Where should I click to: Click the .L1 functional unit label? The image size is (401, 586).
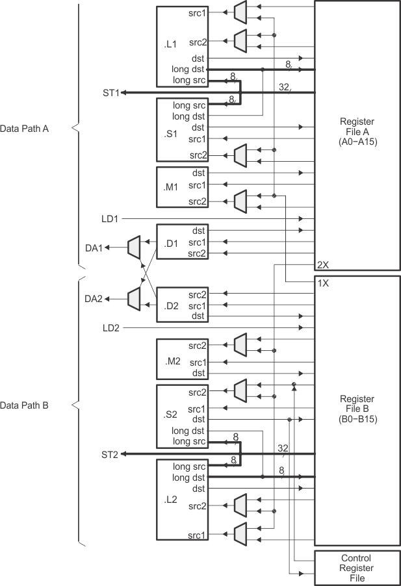(172, 45)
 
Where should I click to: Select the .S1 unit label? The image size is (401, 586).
(172, 134)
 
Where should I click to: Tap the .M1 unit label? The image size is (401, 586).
(172, 187)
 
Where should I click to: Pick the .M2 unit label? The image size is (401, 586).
(172, 360)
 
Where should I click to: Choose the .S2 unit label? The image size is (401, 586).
(172, 414)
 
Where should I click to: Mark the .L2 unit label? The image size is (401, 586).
(172, 501)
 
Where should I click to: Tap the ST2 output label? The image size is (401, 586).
(109, 453)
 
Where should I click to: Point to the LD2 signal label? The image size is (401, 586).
(110, 328)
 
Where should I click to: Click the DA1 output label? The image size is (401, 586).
(94, 247)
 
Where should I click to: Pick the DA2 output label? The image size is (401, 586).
(94, 299)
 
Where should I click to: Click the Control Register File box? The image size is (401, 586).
(357, 568)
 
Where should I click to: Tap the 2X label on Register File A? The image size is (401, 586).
(322, 265)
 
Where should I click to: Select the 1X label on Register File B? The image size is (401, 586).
(322, 284)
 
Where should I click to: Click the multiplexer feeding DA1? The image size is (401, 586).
(134, 247)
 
